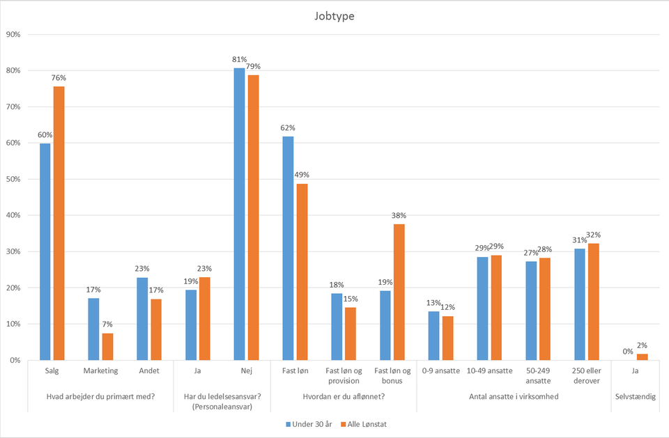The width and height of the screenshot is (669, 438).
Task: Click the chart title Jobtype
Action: click(x=334, y=15)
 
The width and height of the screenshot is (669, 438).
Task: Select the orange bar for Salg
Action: click(x=59, y=223)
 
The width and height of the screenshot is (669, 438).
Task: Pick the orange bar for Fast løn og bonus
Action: click(x=399, y=292)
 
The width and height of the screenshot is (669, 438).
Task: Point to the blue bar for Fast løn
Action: click(x=288, y=248)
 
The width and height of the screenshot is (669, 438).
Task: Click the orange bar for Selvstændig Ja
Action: click(x=642, y=357)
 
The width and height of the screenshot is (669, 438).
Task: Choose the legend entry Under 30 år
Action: click(x=307, y=423)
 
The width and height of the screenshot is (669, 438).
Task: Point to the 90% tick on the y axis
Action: click(x=15, y=34)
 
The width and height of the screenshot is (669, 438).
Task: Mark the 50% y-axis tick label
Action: click(x=15, y=179)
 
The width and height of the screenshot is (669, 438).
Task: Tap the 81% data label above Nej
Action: click(x=239, y=60)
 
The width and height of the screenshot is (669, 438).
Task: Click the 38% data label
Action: click(x=399, y=216)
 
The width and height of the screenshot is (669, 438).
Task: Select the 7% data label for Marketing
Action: click(x=107, y=325)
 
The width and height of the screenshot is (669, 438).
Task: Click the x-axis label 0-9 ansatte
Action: click(x=441, y=370)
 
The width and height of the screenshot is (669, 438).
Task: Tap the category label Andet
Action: click(x=149, y=370)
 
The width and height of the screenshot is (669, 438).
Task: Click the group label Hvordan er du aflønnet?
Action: click(x=343, y=397)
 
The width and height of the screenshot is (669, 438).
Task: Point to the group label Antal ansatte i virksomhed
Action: click(x=514, y=397)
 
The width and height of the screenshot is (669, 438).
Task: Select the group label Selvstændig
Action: click(x=635, y=397)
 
